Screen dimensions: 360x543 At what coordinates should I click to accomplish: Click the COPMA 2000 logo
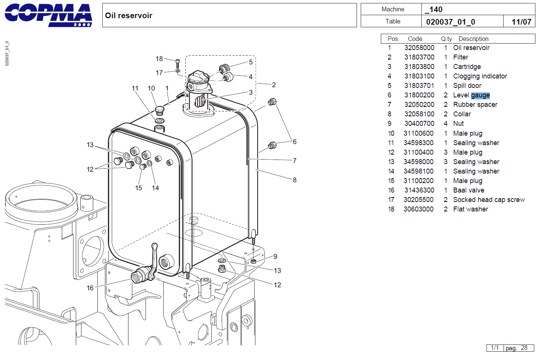click(x=48, y=15)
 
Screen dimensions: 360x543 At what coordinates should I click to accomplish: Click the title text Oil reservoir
click(x=128, y=16)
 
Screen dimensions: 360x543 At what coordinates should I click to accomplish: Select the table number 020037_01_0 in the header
click(x=450, y=22)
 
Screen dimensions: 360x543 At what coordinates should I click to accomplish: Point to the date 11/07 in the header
click(x=521, y=22)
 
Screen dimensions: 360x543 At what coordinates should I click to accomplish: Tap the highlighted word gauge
click(x=480, y=95)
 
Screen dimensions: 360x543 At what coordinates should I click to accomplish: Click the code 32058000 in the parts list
click(x=419, y=48)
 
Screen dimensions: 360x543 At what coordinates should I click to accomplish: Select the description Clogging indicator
click(x=480, y=76)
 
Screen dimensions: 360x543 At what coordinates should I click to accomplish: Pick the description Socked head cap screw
click(x=488, y=200)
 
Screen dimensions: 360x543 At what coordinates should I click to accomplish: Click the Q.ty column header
click(x=446, y=39)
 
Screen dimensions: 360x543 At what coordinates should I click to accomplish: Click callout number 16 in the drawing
click(x=90, y=288)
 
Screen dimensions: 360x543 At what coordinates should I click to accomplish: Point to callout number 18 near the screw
click(x=159, y=59)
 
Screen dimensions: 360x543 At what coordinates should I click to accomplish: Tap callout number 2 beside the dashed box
click(x=274, y=85)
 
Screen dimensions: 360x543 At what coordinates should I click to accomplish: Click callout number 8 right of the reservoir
click(x=294, y=180)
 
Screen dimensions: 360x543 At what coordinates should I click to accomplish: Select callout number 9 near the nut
click(x=275, y=257)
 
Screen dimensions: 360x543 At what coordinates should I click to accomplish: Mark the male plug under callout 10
click(x=160, y=111)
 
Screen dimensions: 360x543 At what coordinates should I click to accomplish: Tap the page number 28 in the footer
click(x=524, y=348)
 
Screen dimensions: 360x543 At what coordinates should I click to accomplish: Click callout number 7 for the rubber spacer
click(x=294, y=161)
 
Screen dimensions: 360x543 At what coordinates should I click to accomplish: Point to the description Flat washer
click(x=470, y=209)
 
